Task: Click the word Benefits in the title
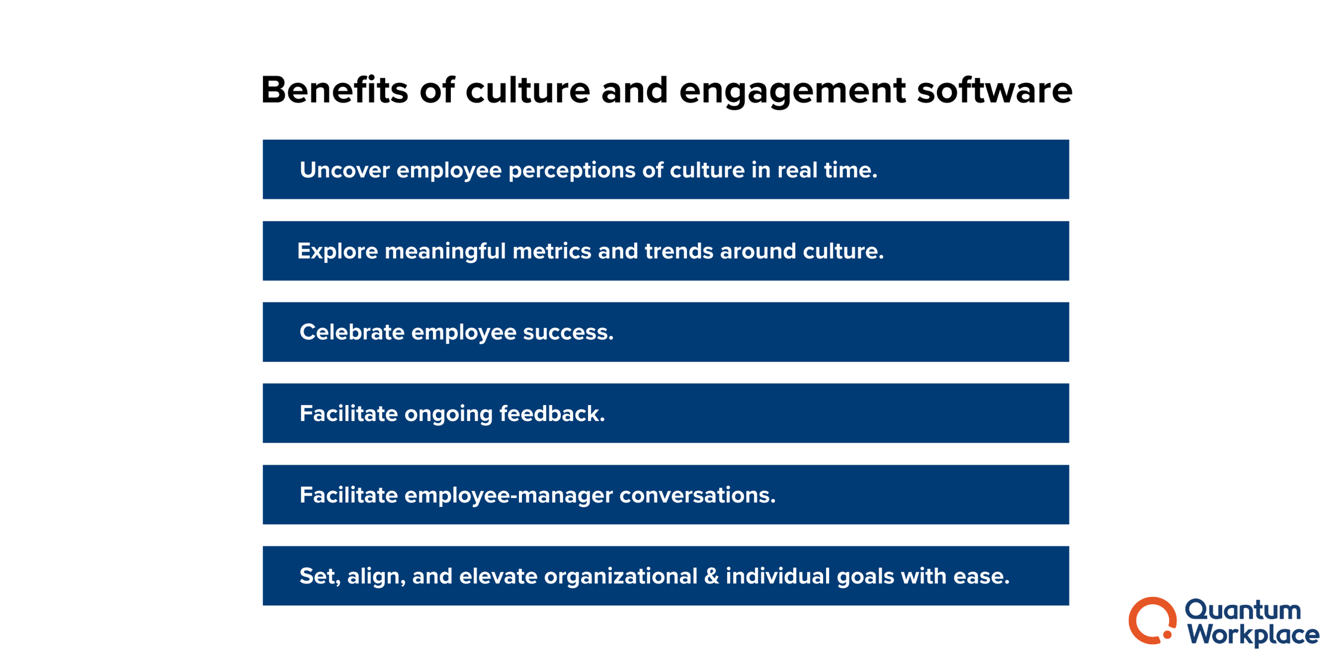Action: click(x=334, y=91)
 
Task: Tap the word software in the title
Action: click(x=994, y=91)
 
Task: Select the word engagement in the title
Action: click(x=792, y=91)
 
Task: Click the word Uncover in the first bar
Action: click(x=344, y=170)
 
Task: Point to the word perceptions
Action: click(x=572, y=171)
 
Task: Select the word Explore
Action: click(x=337, y=251)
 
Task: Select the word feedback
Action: click(x=552, y=413)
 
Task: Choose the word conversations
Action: click(x=697, y=495)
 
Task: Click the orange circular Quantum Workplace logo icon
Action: click(x=1151, y=620)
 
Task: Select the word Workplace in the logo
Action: click(x=1253, y=635)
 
